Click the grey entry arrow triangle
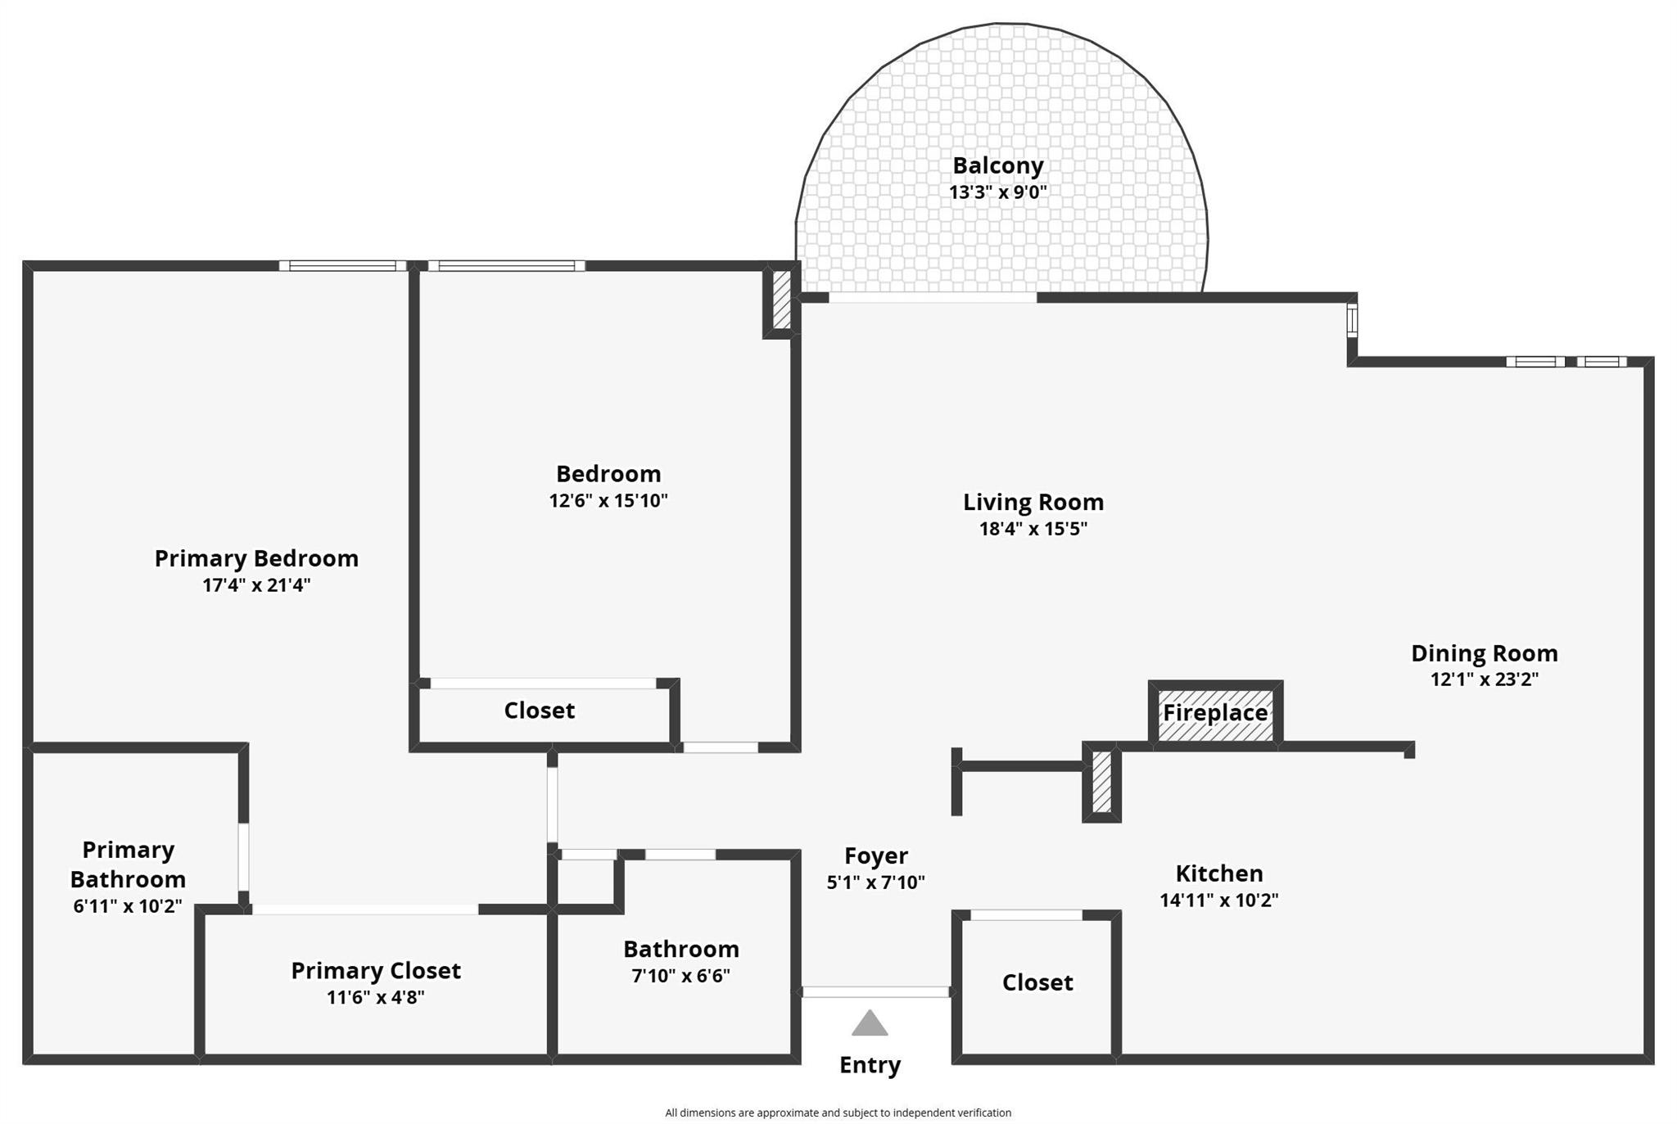point(869,1023)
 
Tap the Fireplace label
point(1215,713)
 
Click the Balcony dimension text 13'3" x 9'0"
point(997,192)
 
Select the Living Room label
point(1033,502)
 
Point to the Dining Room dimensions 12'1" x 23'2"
point(1484,679)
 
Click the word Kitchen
point(1218,873)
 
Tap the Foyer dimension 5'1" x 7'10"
point(875,882)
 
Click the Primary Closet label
point(376,971)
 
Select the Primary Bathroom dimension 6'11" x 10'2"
point(128,907)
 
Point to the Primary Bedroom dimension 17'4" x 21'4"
point(256,585)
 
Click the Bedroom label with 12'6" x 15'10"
point(608,474)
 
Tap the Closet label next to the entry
point(1037,982)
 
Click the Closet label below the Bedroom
point(539,711)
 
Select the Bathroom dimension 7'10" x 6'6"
point(680,976)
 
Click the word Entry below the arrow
point(870,1065)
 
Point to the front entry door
point(875,992)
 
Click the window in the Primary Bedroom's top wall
point(342,265)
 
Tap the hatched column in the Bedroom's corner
point(781,300)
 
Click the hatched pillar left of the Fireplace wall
point(1101,782)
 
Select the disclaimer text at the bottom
point(838,1113)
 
